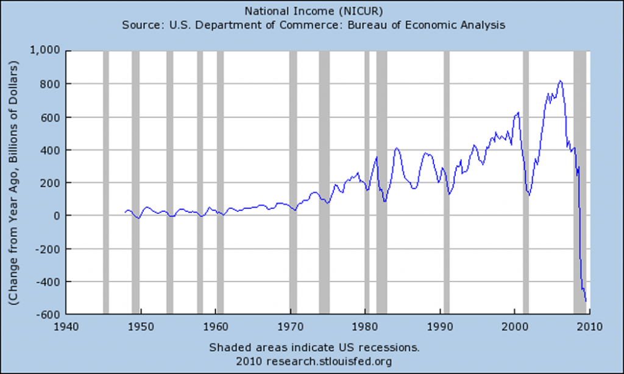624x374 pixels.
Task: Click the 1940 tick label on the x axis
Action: coord(66,326)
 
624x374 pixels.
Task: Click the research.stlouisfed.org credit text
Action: coord(314,362)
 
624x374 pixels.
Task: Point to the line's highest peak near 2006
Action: coord(561,80)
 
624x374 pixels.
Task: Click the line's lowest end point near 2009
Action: coord(586,301)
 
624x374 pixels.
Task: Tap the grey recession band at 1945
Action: coord(105,183)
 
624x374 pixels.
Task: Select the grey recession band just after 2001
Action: coord(526,183)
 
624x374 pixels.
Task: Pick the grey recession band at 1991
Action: coord(446,183)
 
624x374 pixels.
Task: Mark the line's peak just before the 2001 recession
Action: coord(518,112)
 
